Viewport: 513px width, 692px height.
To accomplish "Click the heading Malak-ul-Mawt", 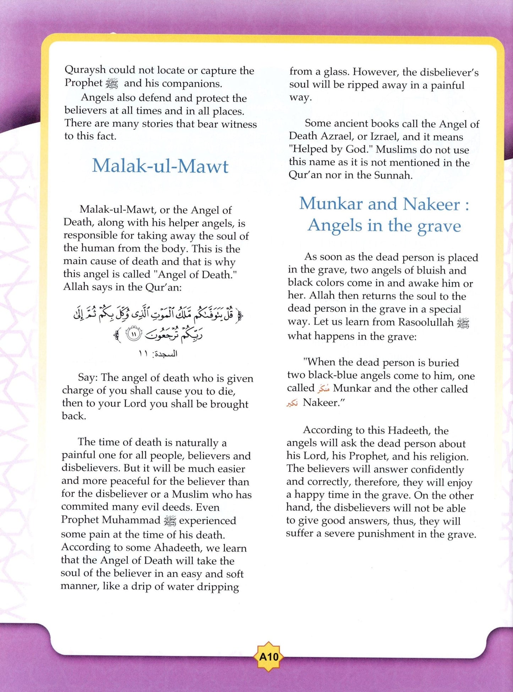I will click(160, 166).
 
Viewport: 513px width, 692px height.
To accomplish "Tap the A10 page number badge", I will click(269, 657).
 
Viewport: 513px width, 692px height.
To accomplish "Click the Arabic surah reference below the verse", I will click(158, 354).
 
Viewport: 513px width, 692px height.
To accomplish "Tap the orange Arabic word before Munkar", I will click(323, 389).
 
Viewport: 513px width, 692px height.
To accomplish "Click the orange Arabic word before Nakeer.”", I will click(292, 403).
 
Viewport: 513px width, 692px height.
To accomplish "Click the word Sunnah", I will click(394, 175).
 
